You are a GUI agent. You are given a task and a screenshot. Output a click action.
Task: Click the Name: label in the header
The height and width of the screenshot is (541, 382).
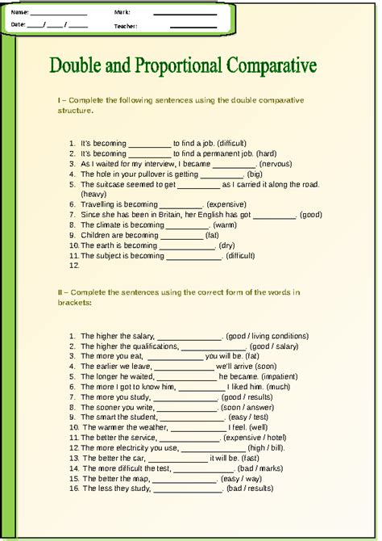point(20,12)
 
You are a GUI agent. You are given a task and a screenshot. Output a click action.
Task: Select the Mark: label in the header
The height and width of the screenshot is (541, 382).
point(122,12)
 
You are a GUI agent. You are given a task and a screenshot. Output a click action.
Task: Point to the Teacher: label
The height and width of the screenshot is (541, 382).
point(126,26)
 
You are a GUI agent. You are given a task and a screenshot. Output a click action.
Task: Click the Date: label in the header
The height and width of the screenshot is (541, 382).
point(19,26)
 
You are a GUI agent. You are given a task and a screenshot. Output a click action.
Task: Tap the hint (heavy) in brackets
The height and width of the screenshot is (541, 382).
point(93,194)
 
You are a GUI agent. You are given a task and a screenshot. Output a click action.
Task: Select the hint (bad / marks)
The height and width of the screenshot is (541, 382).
point(260,468)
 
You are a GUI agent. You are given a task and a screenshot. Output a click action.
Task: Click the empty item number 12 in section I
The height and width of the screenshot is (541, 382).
point(74,265)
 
